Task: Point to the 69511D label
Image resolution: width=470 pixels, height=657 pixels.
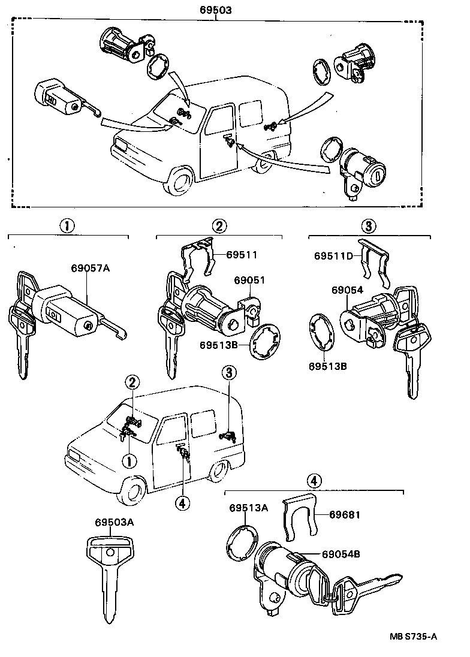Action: [333, 255]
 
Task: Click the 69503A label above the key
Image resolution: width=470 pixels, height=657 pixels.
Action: [114, 522]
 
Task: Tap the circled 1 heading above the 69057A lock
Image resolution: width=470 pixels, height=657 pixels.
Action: [67, 226]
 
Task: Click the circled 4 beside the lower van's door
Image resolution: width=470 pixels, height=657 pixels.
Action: [182, 502]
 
